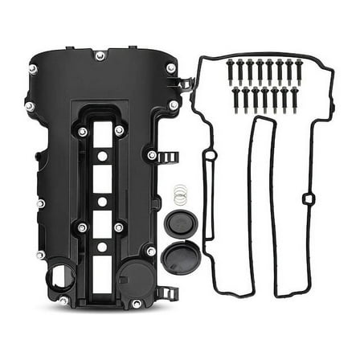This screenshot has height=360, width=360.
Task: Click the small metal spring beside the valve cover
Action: (x=181, y=194)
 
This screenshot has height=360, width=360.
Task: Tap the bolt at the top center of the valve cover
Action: (x=100, y=55)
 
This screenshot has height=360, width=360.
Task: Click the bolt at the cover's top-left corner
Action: (x=33, y=68)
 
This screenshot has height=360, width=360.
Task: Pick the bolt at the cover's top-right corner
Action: (x=170, y=68)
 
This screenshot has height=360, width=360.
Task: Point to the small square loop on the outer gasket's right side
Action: (x=309, y=198)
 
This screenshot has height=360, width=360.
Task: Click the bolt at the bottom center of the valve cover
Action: (x=137, y=303)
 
